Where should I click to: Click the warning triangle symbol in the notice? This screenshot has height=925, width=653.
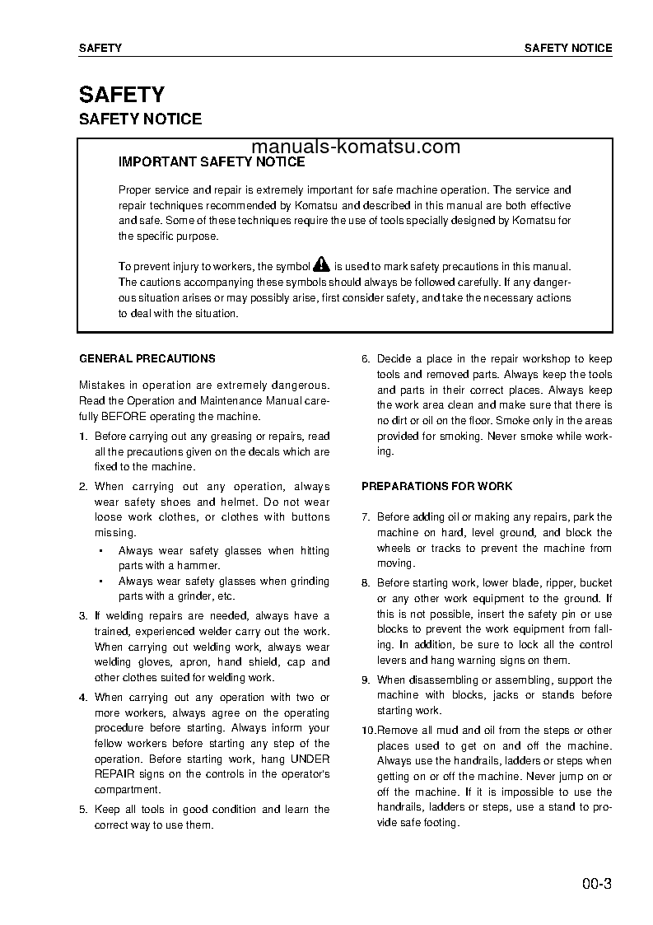coord(321,265)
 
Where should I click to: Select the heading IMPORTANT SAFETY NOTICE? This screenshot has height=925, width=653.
coord(212,162)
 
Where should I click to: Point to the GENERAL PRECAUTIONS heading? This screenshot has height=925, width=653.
coord(147,359)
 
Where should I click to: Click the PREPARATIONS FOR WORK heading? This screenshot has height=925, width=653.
coord(436,487)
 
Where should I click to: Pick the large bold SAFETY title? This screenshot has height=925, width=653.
coord(121,94)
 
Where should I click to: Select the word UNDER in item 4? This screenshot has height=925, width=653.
coord(310,759)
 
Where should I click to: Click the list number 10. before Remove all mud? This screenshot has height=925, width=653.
coord(367,731)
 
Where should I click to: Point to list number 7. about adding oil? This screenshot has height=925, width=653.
coord(366,517)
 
